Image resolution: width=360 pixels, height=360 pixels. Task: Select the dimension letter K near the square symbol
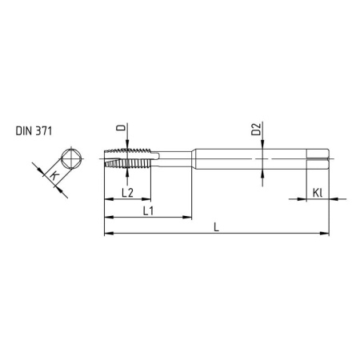[x=54, y=174]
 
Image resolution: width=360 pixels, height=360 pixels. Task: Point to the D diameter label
[x=119, y=127]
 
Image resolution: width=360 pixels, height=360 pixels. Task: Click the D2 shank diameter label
[x=256, y=130]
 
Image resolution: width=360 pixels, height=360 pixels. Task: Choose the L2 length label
[x=126, y=193]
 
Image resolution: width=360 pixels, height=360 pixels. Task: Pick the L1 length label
[x=148, y=210]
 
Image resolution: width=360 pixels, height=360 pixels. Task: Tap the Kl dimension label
[x=318, y=192]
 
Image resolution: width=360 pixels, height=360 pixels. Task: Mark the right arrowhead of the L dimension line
[x=326, y=234]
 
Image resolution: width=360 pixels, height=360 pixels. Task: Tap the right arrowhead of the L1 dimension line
[x=188, y=216]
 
